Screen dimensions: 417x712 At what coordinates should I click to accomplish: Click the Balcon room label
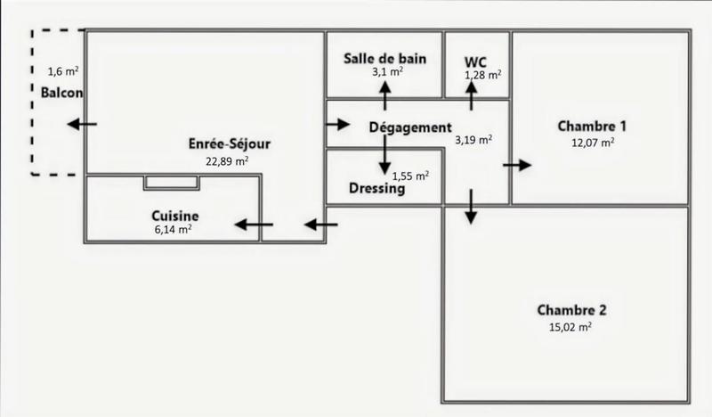click(x=61, y=93)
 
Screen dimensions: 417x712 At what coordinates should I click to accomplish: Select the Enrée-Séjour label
click(x=230, y=143)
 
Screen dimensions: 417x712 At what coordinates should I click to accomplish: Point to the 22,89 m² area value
click(x=226, y=161)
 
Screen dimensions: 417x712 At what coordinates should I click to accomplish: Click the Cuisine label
click(x=174, y=216)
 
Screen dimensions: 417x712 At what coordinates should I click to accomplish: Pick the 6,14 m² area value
click(x=173, y=230)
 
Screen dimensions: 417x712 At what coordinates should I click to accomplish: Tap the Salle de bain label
click(x=385, y=59)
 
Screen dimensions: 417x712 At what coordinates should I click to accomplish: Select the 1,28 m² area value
click(x=483, y=76)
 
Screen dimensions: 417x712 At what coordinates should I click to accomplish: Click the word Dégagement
click(x=410, y=127)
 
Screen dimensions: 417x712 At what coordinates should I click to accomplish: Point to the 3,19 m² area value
click(x=473, y=139)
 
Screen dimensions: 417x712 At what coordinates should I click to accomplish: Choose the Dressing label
click(x=377, y=189)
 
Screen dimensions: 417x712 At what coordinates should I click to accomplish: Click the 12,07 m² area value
click(x=593, y=141)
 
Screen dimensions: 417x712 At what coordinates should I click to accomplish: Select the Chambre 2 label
click(x=571, y=311)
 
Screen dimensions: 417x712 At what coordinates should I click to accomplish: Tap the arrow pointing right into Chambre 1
click(x=517, y=165)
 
